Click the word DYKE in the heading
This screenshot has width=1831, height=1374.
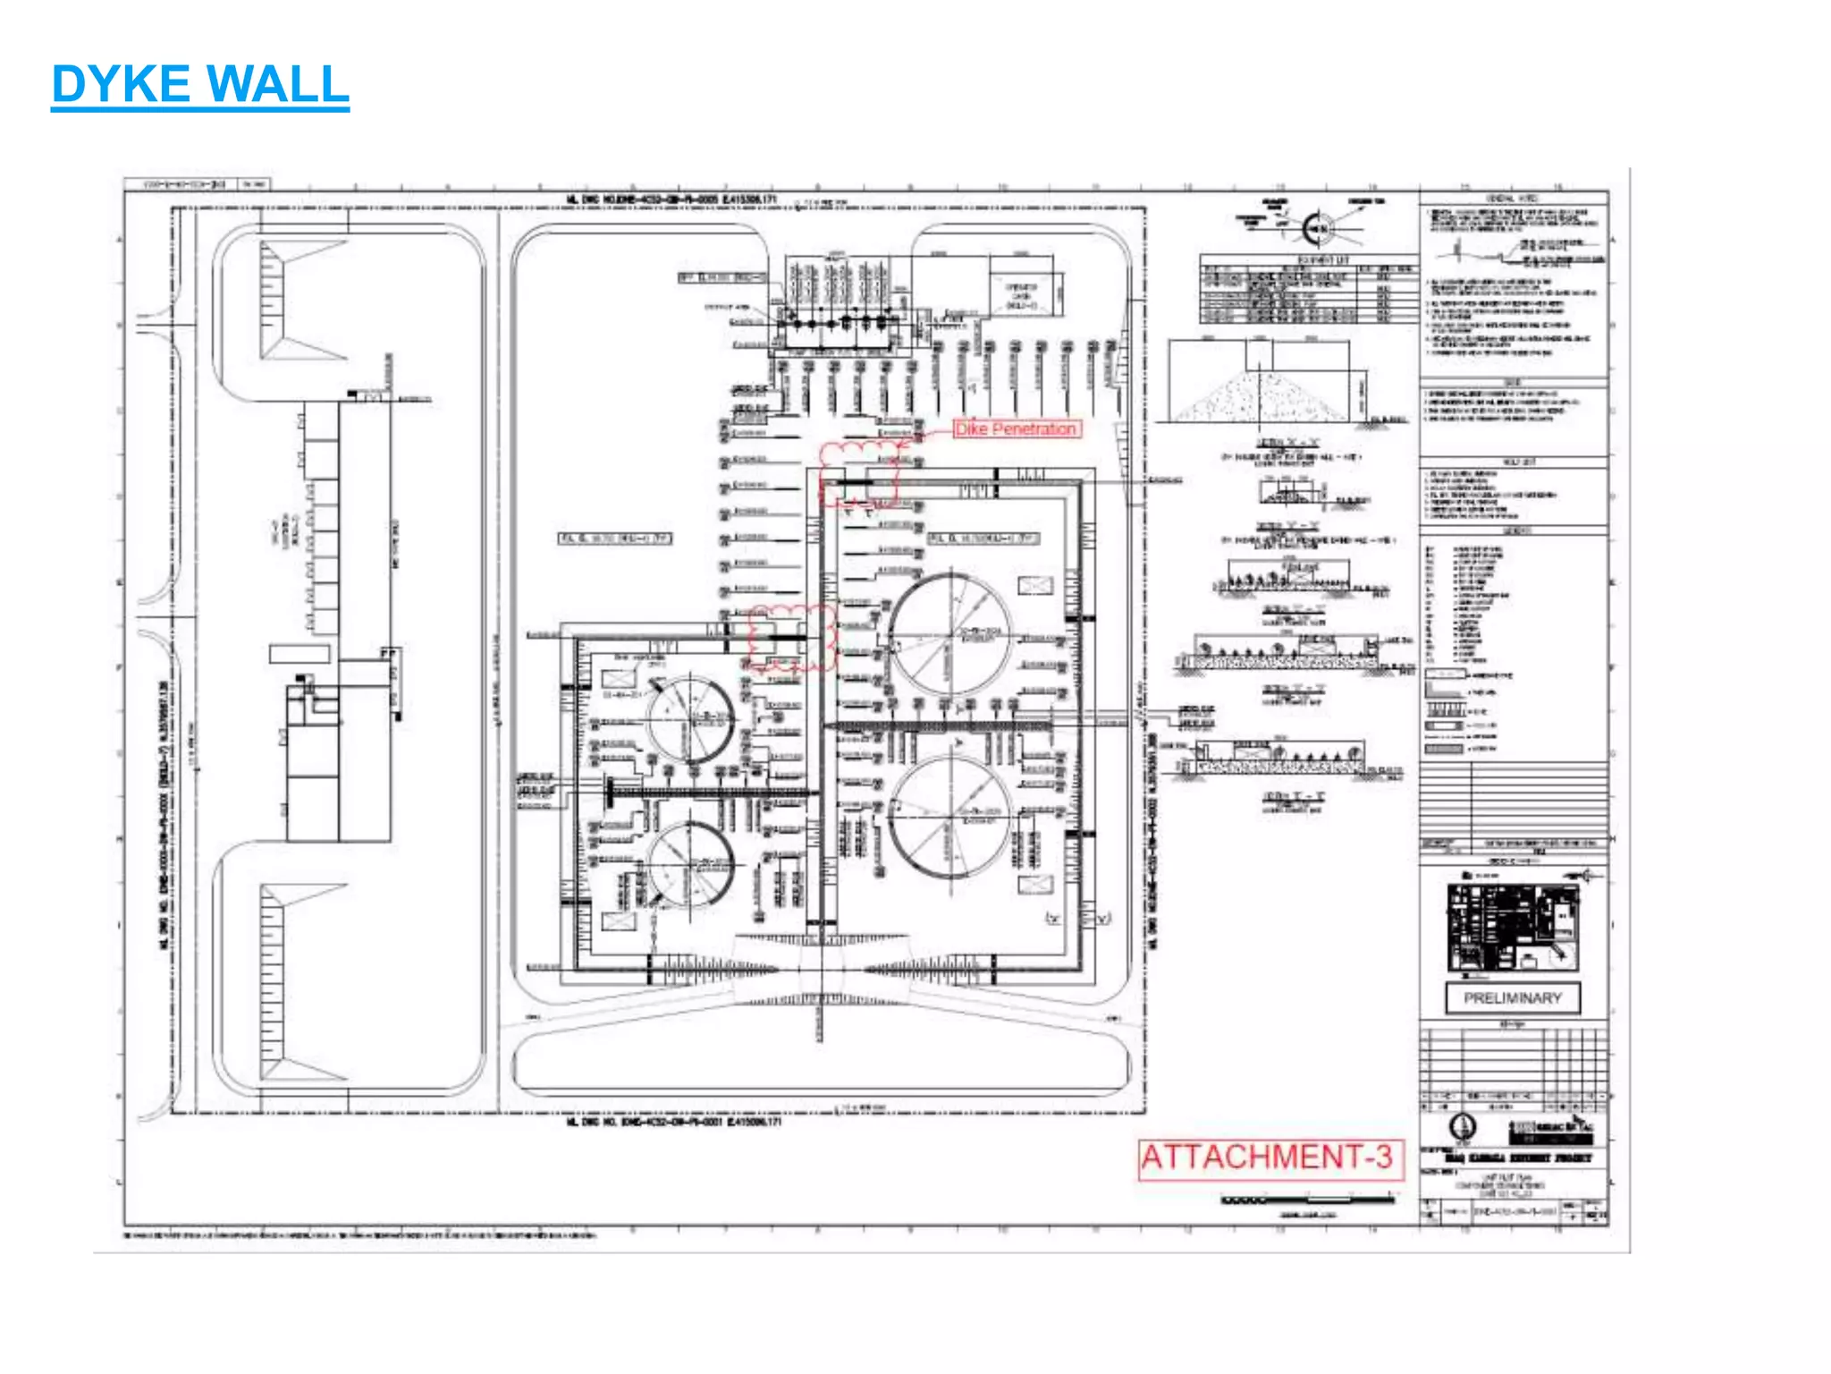(x=121, y=84)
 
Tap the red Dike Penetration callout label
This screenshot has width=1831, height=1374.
(x=1016, y=429)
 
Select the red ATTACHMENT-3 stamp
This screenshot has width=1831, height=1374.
(x=1268, y=1158)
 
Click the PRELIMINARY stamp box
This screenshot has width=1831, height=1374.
(x=1513, y=997)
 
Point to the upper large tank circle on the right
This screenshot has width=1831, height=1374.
(x=950, y=636)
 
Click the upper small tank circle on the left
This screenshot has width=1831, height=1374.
(x=690, y=719)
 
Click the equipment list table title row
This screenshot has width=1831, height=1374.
(x=1310, y=259)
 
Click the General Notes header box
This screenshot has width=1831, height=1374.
(x=1513, y=198)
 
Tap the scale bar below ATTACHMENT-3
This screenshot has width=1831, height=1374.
(x=1307, y=1200)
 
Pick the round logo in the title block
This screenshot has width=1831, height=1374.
(x=1463, y=1126)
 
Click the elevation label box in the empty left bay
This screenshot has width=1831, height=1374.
(x=615, y=538)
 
